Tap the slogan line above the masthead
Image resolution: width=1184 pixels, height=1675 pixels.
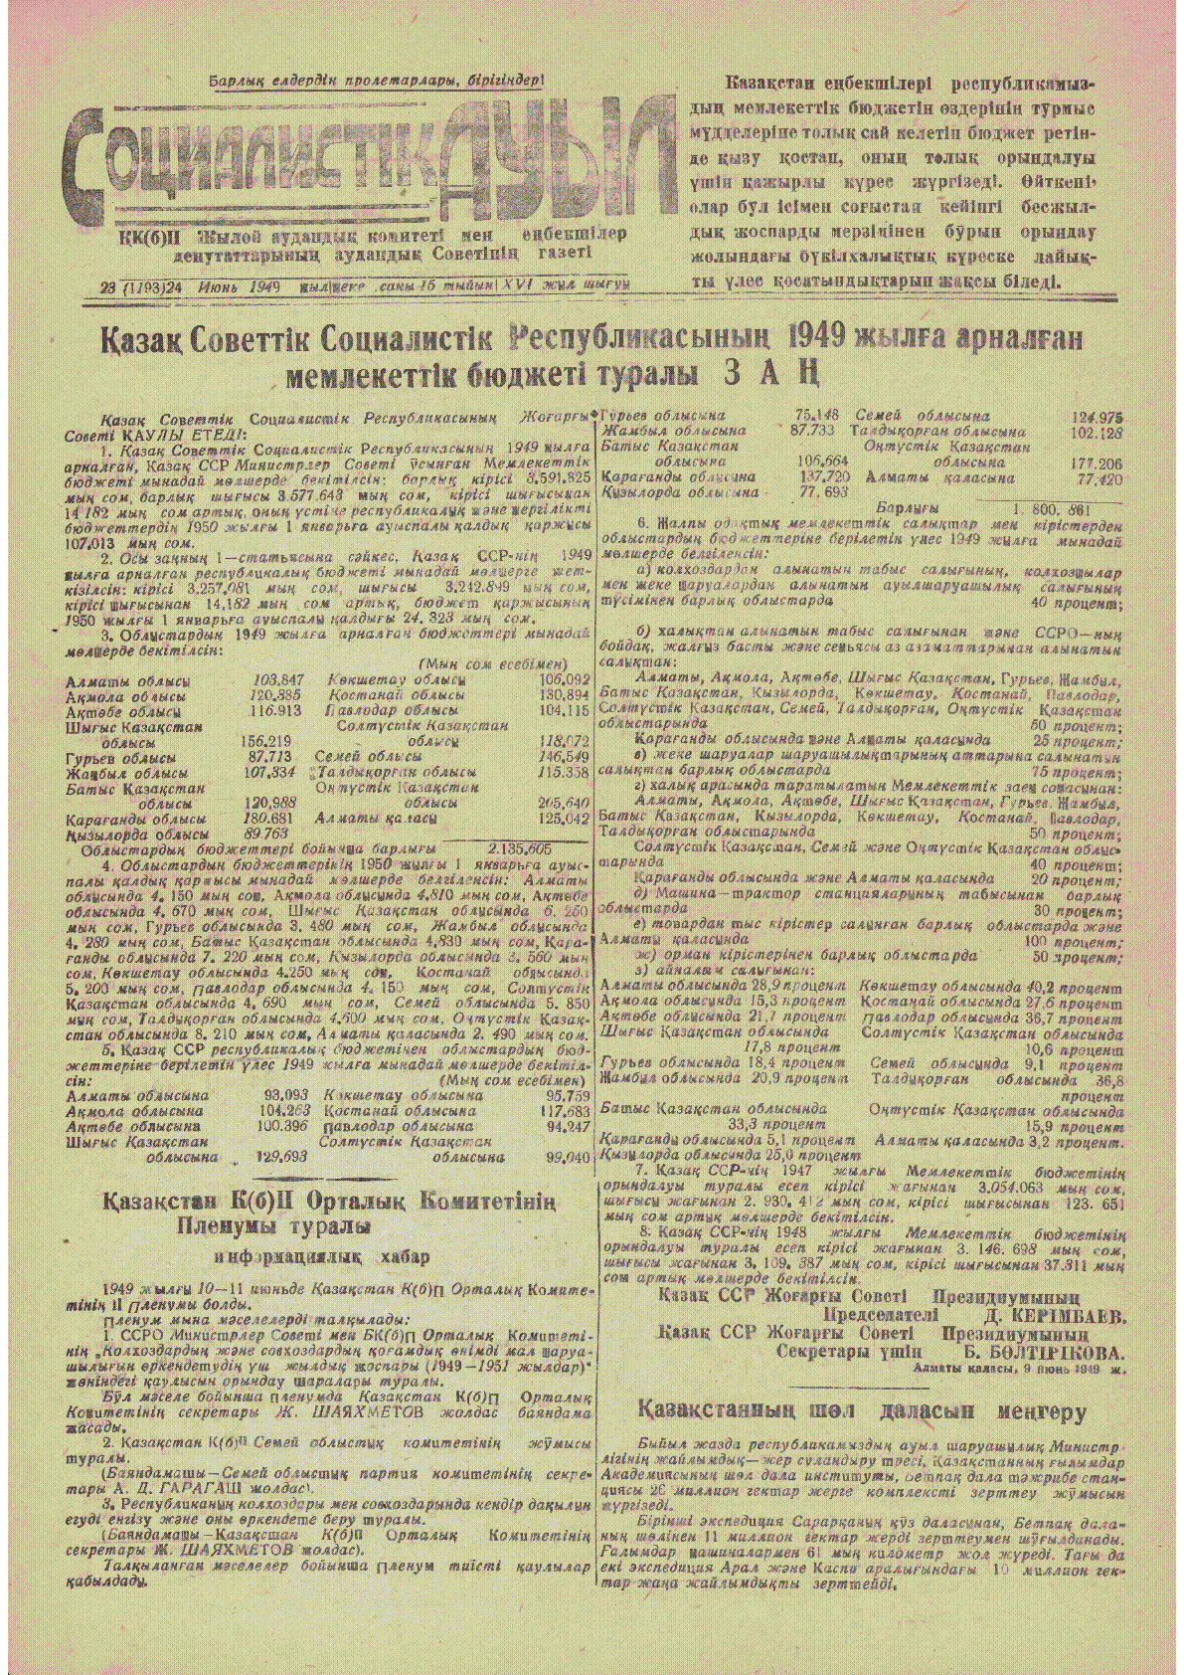(376, 82)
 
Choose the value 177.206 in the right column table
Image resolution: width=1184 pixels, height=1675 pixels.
(1097, 463)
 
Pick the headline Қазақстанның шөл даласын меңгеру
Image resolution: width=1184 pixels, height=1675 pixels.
(862, 1410)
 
